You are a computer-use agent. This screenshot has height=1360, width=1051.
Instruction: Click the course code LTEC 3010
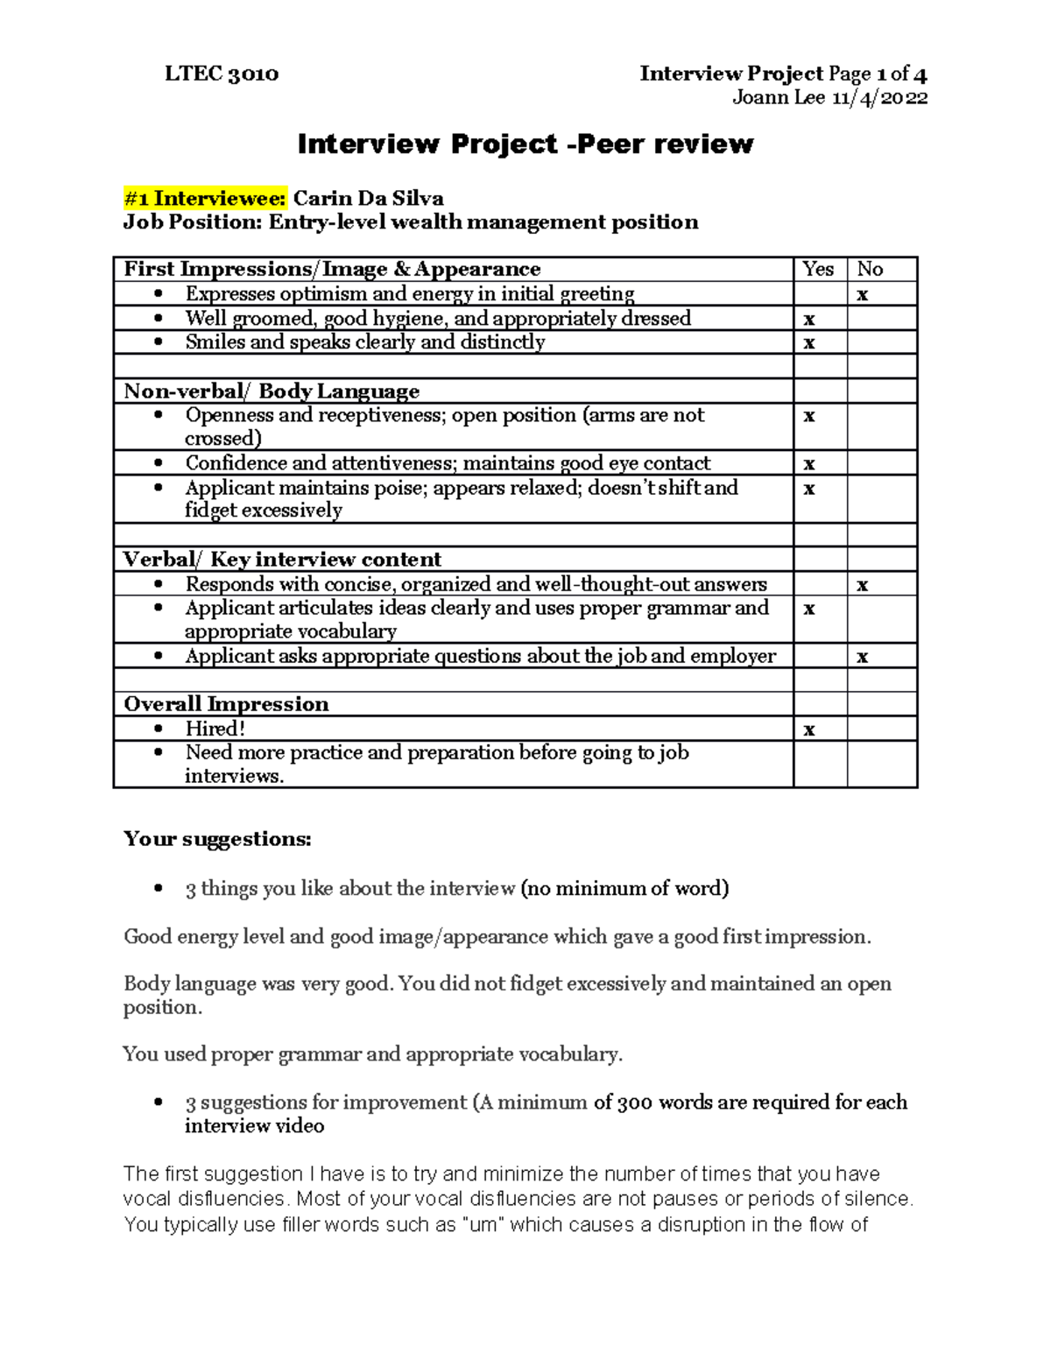tap(222, 74)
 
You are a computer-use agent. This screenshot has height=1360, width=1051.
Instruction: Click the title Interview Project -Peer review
tap(525, 144)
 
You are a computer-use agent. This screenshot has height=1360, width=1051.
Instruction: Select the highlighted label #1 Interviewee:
tap(205, 199)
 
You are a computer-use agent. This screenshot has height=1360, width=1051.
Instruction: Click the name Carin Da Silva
tap(368, 199)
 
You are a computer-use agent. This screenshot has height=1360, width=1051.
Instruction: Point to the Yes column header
tap(818, 270)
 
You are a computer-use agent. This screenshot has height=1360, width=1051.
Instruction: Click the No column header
tap(870, 270)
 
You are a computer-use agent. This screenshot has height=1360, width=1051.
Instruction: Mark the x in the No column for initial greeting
tap(863, 295)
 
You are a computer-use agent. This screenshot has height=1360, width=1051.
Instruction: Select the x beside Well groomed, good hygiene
tap(809, 320)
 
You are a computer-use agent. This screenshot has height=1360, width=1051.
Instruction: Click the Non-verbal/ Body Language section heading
tap(272, 391)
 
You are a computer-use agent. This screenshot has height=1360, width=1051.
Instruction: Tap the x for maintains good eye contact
tap(809, 464)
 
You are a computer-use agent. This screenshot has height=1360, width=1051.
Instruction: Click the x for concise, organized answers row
tap(863, 585)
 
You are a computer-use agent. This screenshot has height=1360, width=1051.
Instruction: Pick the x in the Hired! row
tap(809, 729)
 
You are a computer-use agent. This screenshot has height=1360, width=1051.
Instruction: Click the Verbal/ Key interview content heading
tap(282, 560)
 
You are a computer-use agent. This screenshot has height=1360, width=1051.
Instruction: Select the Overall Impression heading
tap(226, 704)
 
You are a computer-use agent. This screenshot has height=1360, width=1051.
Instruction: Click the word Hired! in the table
tap(215, 729)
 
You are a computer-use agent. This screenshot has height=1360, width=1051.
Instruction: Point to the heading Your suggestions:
tap(217, 839)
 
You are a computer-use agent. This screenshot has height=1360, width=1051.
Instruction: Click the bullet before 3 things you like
tap(158, 889)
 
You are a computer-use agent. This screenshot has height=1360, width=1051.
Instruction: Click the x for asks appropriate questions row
tap(863, 657)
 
